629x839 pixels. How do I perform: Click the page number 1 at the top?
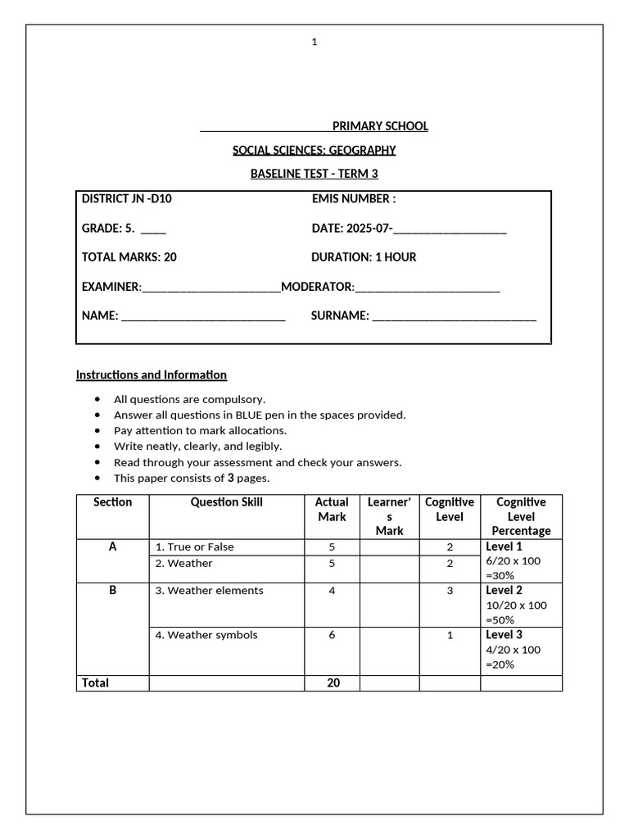(314, 43)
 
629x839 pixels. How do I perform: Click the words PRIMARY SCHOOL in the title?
(380, 126)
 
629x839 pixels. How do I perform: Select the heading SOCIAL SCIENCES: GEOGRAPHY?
(314, 150)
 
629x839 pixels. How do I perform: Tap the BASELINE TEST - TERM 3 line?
(314, 174)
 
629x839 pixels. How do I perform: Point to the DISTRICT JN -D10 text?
(127, 199)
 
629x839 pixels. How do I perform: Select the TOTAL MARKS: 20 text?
(129, 257)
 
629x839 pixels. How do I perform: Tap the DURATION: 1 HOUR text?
(364, 257)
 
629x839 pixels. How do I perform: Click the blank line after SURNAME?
(455, 318)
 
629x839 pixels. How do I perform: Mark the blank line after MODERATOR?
(427, 289)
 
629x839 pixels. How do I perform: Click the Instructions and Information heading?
(152, 375)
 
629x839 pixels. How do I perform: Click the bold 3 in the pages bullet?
(230, 478)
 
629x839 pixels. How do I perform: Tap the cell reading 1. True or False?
(194, 547)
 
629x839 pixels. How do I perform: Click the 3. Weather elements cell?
(209, 591)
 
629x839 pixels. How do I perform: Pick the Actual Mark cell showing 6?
(332, 635)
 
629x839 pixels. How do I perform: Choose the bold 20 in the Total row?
(333, 683)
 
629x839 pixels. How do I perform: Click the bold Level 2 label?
(505, 591)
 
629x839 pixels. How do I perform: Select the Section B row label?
(112, 590)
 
